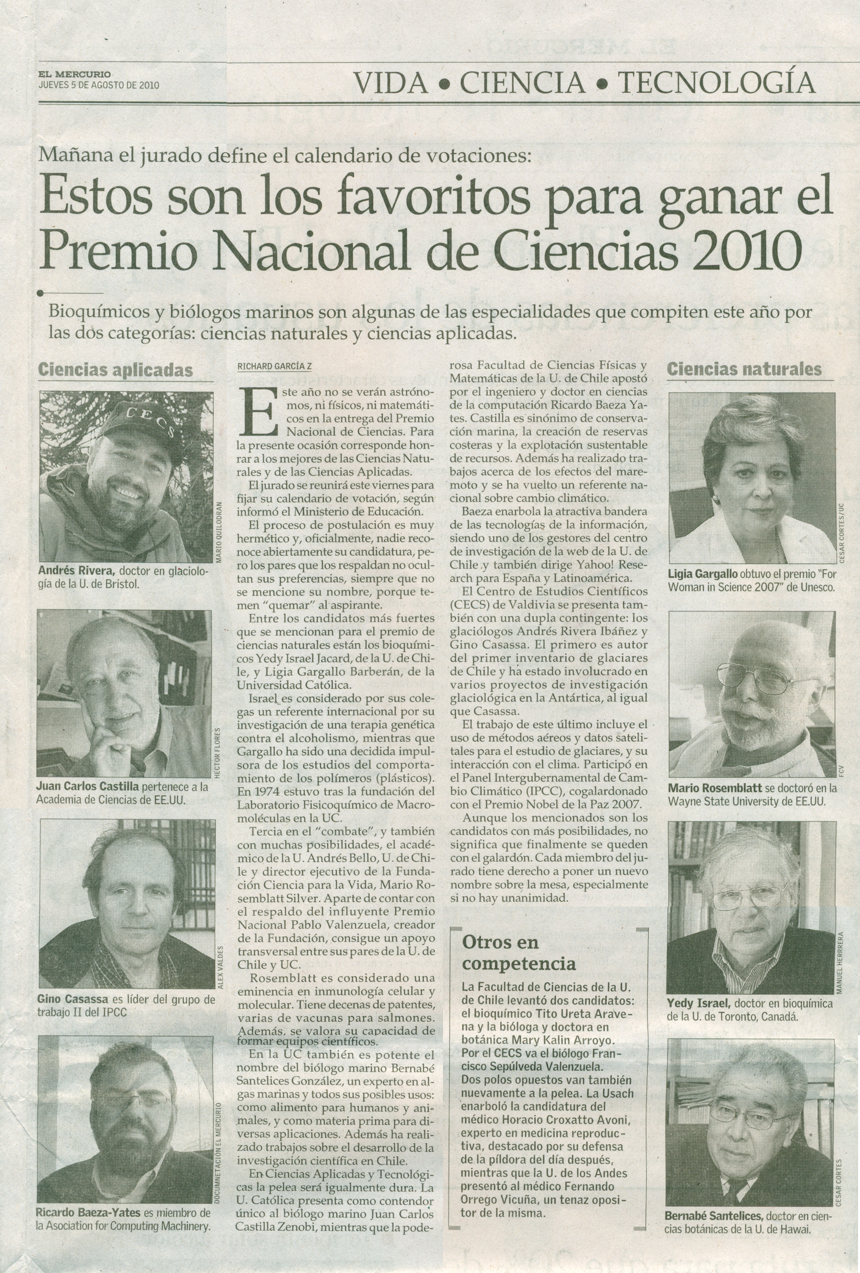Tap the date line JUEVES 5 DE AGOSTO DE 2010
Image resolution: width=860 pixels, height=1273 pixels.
[x=98, y=85]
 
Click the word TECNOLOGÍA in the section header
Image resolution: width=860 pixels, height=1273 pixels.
[x=716, y=83]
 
